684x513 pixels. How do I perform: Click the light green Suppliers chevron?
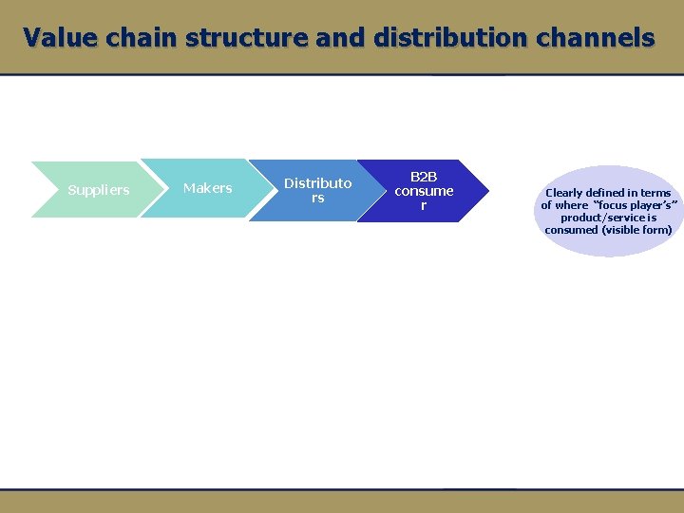point(98,190)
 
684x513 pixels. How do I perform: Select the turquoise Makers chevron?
point(207,188)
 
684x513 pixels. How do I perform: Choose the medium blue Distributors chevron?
point(317,190)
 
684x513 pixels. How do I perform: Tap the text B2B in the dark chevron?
point(424,177)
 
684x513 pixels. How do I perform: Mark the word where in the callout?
point(571,205)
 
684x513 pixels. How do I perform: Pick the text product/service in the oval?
point(603,218)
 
